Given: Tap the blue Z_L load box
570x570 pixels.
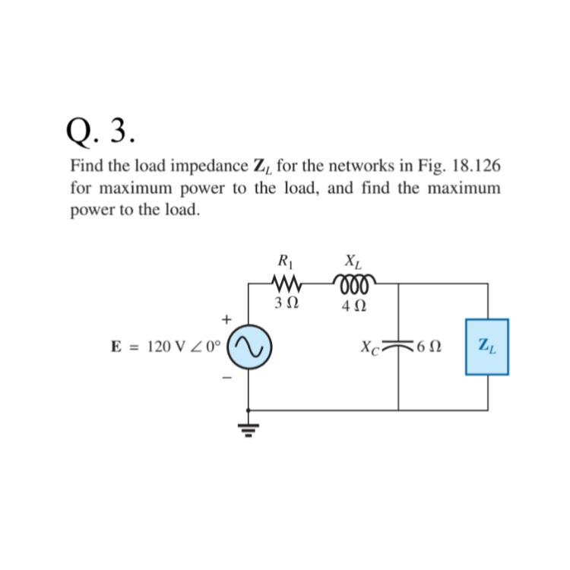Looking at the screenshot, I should tap(486, 347).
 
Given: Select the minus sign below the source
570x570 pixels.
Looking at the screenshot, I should tap(226, 377).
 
